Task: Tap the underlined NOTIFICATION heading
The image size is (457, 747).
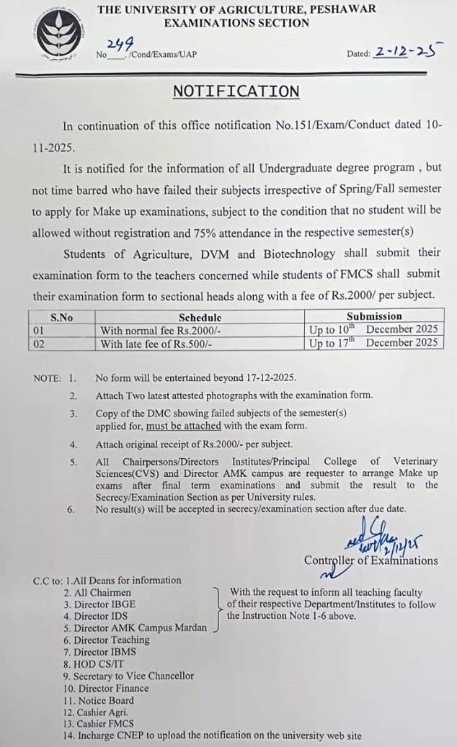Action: [236, 91]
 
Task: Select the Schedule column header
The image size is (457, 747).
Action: [200, 317]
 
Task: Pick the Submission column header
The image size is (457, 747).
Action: [374, 316]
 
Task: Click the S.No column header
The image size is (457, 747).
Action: [62, 317]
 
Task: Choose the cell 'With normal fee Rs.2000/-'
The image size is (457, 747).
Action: [149, 330]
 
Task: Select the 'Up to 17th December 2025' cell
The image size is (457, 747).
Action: [373, 343]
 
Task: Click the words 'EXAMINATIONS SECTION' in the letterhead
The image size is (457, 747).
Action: [236, 23]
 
